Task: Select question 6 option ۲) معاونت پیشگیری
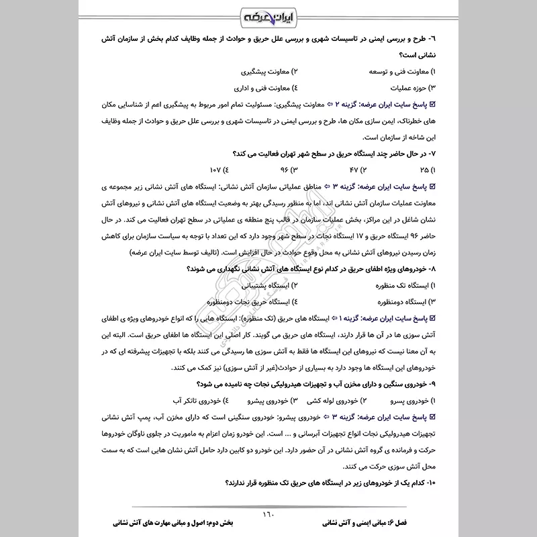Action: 268,70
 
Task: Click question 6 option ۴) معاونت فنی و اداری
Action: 264,87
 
